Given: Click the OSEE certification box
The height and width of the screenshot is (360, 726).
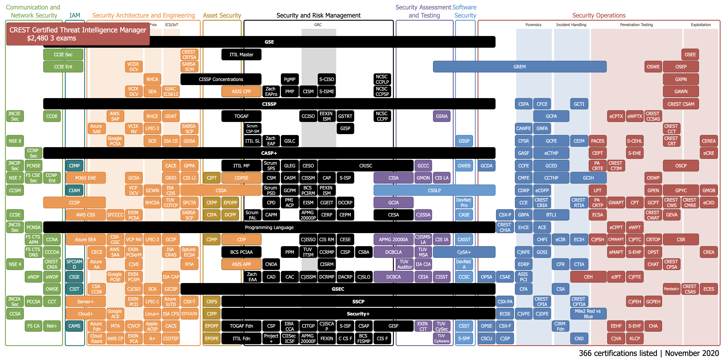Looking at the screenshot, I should point(690,55).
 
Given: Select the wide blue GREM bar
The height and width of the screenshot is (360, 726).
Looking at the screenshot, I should point(519,67).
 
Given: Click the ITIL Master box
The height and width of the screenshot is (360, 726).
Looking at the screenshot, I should point(241,55).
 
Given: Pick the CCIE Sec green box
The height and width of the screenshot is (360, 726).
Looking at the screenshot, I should point(63,55).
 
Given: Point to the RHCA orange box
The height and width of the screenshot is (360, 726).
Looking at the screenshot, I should point(152,79).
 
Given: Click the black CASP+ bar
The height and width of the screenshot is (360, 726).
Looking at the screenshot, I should point(269,153).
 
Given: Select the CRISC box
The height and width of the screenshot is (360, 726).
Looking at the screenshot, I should point(365,166).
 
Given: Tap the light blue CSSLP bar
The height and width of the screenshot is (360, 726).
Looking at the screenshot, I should point(434,190).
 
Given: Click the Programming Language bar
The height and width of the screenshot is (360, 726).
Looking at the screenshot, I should point(269,227).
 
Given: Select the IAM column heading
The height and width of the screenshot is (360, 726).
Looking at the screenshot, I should point(75,16).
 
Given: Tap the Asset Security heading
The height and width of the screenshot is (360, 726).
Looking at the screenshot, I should point(222,16).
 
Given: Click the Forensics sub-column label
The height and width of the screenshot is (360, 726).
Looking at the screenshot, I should point(533,25).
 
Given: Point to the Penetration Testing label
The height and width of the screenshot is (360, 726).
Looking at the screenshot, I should point(636,25).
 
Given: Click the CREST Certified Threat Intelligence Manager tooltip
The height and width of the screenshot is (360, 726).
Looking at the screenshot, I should point(78,34).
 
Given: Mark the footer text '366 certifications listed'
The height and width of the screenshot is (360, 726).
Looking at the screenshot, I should point(618,353).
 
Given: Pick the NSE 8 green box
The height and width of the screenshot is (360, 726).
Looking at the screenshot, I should point(15,141).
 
